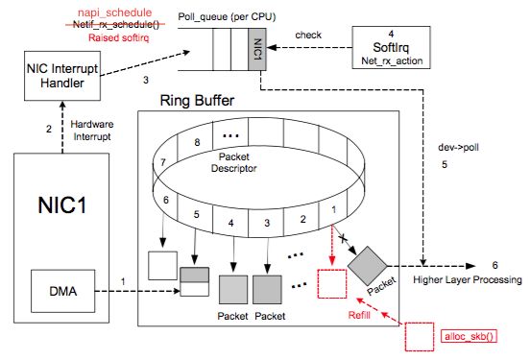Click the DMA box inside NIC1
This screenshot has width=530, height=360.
point(62,291)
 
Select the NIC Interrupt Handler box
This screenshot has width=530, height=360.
point(62,76)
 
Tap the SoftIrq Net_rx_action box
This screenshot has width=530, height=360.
point(391,48)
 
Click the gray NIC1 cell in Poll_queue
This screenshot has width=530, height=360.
point(257,49)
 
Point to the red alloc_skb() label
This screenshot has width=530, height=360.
point(469,336)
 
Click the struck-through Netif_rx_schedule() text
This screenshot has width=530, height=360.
point(115,24)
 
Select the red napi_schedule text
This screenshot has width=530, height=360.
point(115,12)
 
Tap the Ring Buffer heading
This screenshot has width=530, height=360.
point(197,101)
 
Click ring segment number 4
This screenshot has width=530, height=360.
point(230,223)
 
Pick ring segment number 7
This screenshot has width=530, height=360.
point(163,162)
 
